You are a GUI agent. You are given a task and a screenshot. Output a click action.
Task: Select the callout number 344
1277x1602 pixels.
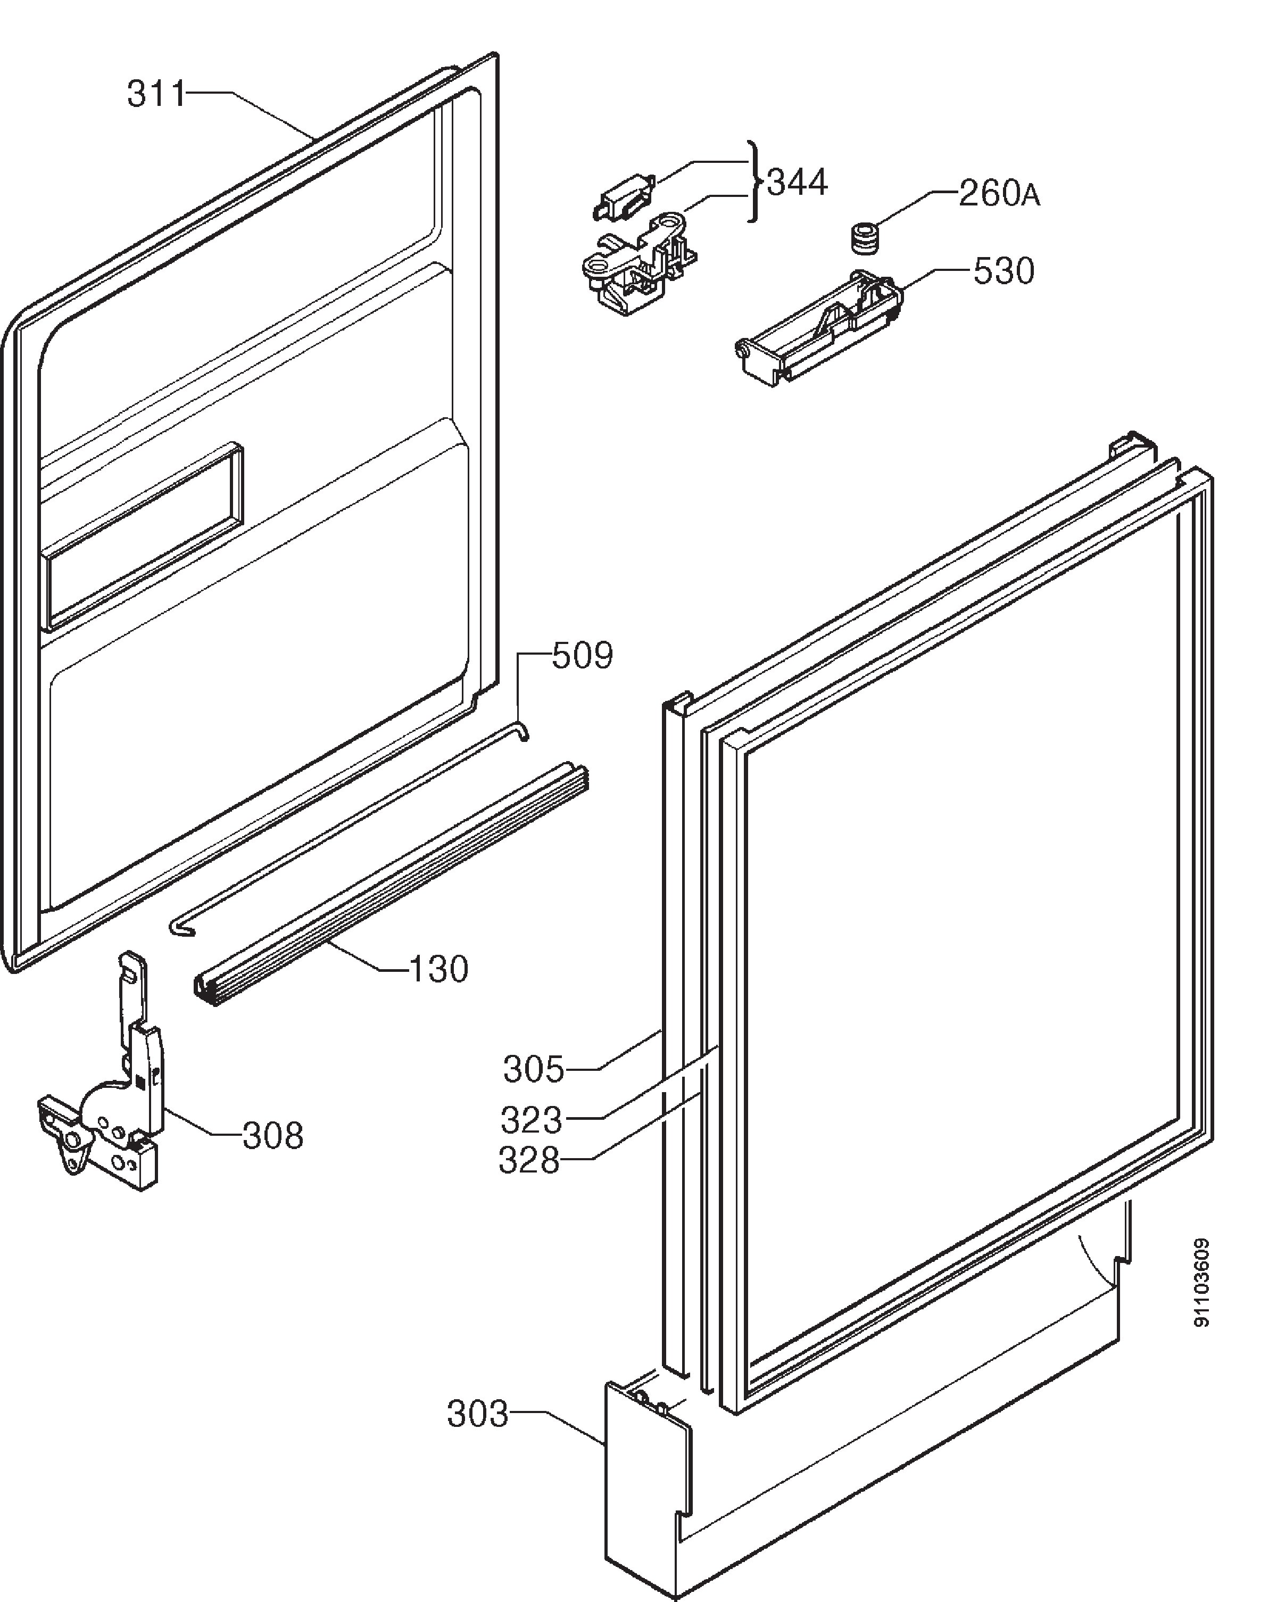(x=797, y=182)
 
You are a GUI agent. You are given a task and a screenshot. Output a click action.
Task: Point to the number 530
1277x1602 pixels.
(x=1004, y=271)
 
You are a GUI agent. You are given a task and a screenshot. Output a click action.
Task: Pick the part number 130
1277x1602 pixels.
(x=439, y=969)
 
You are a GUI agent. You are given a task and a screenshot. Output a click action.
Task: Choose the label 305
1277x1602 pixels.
(x=533, y=1069)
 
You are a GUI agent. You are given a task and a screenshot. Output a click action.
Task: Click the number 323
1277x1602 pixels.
(x=531, y=1120)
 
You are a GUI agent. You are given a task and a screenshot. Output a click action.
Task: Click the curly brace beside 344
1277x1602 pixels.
(x=753, y=181)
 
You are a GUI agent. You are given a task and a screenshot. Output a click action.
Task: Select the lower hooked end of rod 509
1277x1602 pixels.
(x=180, y=928)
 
